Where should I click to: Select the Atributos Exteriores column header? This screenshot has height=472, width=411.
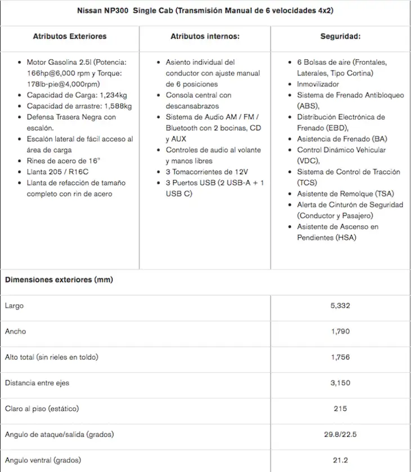tap(70, 36)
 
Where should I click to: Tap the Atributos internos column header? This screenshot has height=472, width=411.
tap(205, 36)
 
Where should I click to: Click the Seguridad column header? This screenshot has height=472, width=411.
tap(340, 36)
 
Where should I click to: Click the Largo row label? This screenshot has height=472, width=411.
tap(14, 306)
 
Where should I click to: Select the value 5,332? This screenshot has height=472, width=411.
tap(340, 306)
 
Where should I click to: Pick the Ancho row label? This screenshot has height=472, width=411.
tap(15, 331)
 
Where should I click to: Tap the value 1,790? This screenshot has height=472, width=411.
tap(340, 331)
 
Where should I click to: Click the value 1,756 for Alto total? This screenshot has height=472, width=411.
tap(340, 357)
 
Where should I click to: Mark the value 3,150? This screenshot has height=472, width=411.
tap(340, 383)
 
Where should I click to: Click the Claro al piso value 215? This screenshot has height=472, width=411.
tap(340, 408)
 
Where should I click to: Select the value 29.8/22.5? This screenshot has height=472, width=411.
tap(340, 434)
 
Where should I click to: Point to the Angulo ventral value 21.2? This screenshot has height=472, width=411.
tap(340, 460)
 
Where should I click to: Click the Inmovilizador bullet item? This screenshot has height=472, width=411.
tap(322, 84)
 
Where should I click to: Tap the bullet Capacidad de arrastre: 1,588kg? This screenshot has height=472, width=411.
tap(79, 106)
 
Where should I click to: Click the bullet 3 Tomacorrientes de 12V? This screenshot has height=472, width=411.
tap(207, 172)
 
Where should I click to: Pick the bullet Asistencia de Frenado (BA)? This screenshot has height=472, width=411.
tap(342, 139)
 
